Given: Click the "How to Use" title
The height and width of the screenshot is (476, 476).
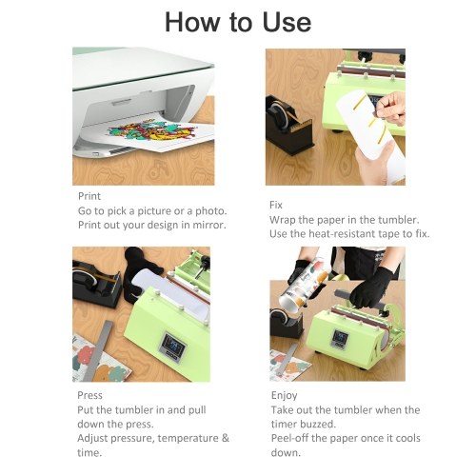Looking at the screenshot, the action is (238, 22).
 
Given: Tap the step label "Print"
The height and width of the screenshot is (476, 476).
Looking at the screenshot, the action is (89, 196).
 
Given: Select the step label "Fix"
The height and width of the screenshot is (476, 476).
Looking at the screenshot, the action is (276, 205).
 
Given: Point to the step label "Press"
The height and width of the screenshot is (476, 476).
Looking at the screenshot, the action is (89, 395).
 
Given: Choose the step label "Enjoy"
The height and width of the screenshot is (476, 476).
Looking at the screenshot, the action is (284, 396).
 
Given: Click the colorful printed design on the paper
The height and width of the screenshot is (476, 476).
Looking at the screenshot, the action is (152, 130).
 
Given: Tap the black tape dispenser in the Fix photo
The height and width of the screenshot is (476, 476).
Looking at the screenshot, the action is (288, 125).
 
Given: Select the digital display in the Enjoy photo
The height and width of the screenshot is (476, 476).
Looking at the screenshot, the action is (340, 338).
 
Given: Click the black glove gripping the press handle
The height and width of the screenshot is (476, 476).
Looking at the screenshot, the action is (370, 288).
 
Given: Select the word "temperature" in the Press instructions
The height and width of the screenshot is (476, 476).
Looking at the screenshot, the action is (188, 438).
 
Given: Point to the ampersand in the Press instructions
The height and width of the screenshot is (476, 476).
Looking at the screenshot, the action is (226, 438).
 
